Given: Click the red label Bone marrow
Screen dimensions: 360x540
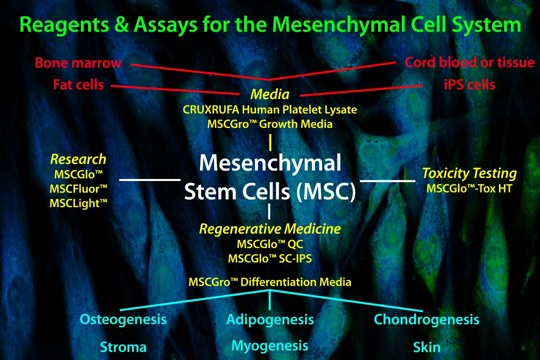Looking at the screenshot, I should [78, 63].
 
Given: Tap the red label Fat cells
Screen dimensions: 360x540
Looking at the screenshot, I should [78, 84].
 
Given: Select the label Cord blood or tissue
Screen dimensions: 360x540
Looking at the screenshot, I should [469, 63].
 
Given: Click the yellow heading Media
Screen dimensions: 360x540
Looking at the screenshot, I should [270, 94].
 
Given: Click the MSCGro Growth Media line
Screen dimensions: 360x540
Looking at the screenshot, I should [270, 123].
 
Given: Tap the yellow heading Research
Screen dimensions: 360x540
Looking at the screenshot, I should [78, 159].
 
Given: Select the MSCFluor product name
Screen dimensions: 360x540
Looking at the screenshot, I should [78, 189].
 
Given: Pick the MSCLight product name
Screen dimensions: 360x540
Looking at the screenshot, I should [78, 203].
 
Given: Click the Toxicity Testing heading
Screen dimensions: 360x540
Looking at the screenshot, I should [469, 173].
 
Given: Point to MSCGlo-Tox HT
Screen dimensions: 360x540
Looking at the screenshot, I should [469, 189].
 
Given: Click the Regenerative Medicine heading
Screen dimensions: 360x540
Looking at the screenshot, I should [270, 229].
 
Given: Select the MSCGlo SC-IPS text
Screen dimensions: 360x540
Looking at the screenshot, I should [270, 258].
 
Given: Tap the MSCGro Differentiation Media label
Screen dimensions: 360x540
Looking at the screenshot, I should [270, 281].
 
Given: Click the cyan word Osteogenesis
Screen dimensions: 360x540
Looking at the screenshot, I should [123, 319].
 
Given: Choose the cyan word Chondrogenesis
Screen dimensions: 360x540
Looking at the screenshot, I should [426, 319].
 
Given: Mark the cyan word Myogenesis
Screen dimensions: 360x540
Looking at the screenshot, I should [270, 345].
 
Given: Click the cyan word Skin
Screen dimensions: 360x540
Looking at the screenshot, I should [426, 347].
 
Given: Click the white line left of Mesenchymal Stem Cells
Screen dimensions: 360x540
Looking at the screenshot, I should [150, 178].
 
